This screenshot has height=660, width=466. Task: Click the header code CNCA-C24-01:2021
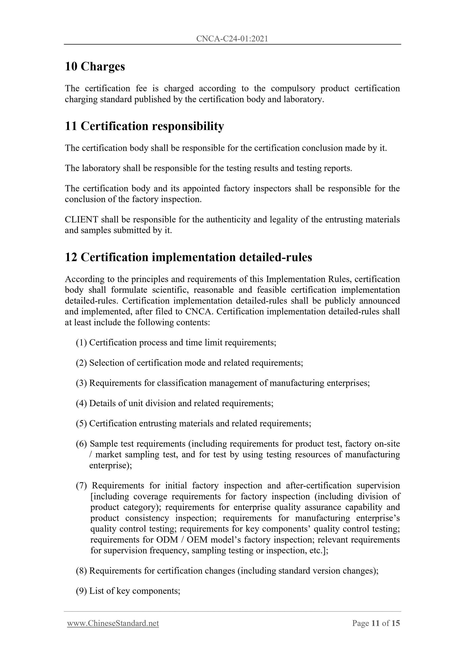(x=232, y=39)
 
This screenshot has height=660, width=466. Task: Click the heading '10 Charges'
(x=95, y=66)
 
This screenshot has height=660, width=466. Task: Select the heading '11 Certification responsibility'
(x=144, y=126)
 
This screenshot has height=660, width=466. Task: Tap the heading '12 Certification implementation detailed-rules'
(x=188, y=257)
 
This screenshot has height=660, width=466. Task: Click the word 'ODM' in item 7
(x=167, y=540)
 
